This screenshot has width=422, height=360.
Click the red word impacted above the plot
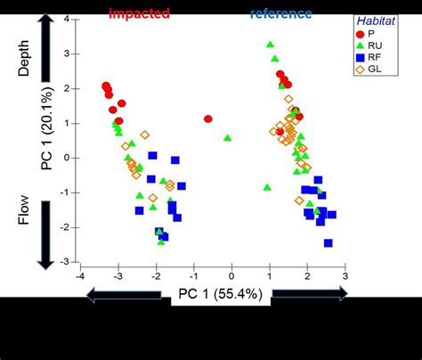click(139, 13)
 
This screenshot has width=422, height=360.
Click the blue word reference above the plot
click(280, 13)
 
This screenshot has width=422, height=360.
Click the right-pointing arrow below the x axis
click(309, 295)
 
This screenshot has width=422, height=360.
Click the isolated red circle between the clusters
click(208, 119)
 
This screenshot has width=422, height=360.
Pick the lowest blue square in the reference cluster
click(328, 242)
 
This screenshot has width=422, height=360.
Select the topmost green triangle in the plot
click(270, 45)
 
